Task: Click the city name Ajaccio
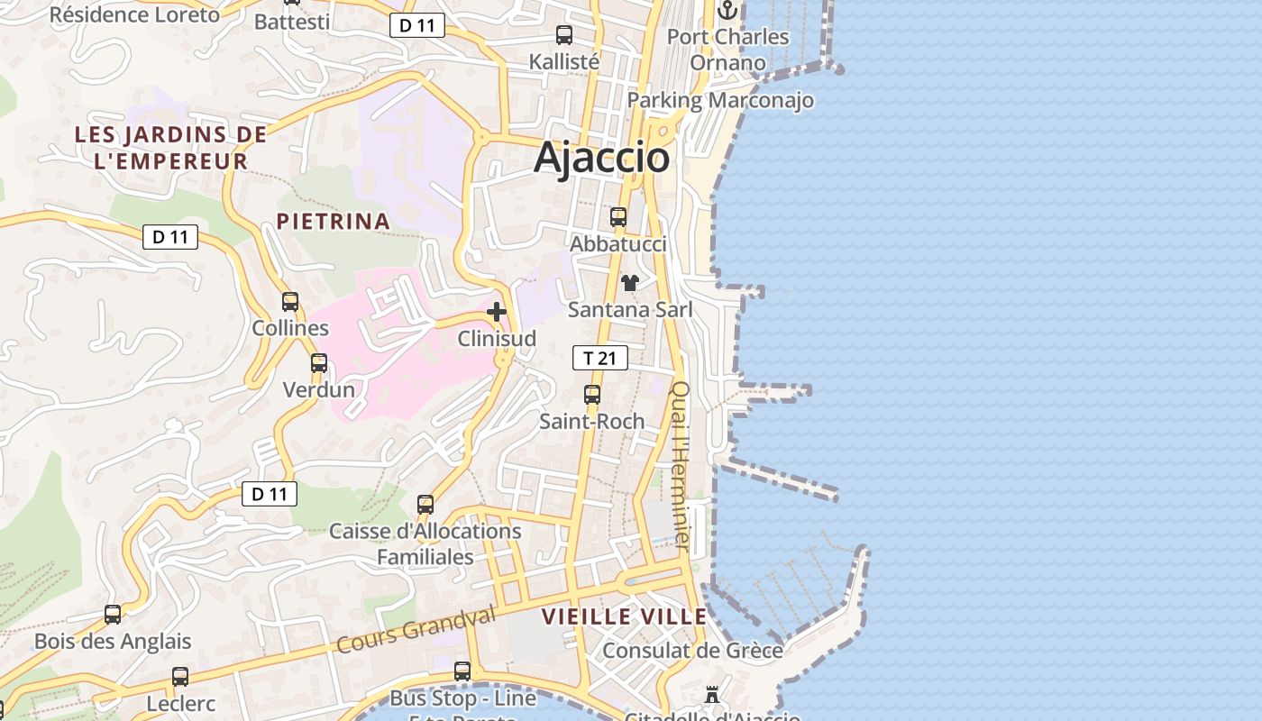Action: pos(601,158)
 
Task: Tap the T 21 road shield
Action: pos(599,358)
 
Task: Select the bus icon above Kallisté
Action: pos(564,35)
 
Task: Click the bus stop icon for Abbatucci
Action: pos(618,217)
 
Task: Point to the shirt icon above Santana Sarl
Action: pos(629,283)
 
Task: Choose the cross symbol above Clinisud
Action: pos(497,312)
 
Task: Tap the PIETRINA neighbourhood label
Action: pos(334,221)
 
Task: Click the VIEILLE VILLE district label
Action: pos(625,616)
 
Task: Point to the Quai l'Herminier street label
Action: pos(681,466)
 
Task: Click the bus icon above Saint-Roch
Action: pos(592,394)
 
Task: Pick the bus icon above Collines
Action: pos(290,301)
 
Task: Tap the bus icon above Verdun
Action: pos(319,363)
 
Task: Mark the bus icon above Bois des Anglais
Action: pos(113,615)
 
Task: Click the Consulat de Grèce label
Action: pos(692,650)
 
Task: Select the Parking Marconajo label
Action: pos(720,100)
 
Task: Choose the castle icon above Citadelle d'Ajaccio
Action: pos(712,695)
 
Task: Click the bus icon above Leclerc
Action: pos(180,676)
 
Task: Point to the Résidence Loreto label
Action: pos(134,15)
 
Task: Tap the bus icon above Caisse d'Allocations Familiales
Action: pos(425,505)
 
